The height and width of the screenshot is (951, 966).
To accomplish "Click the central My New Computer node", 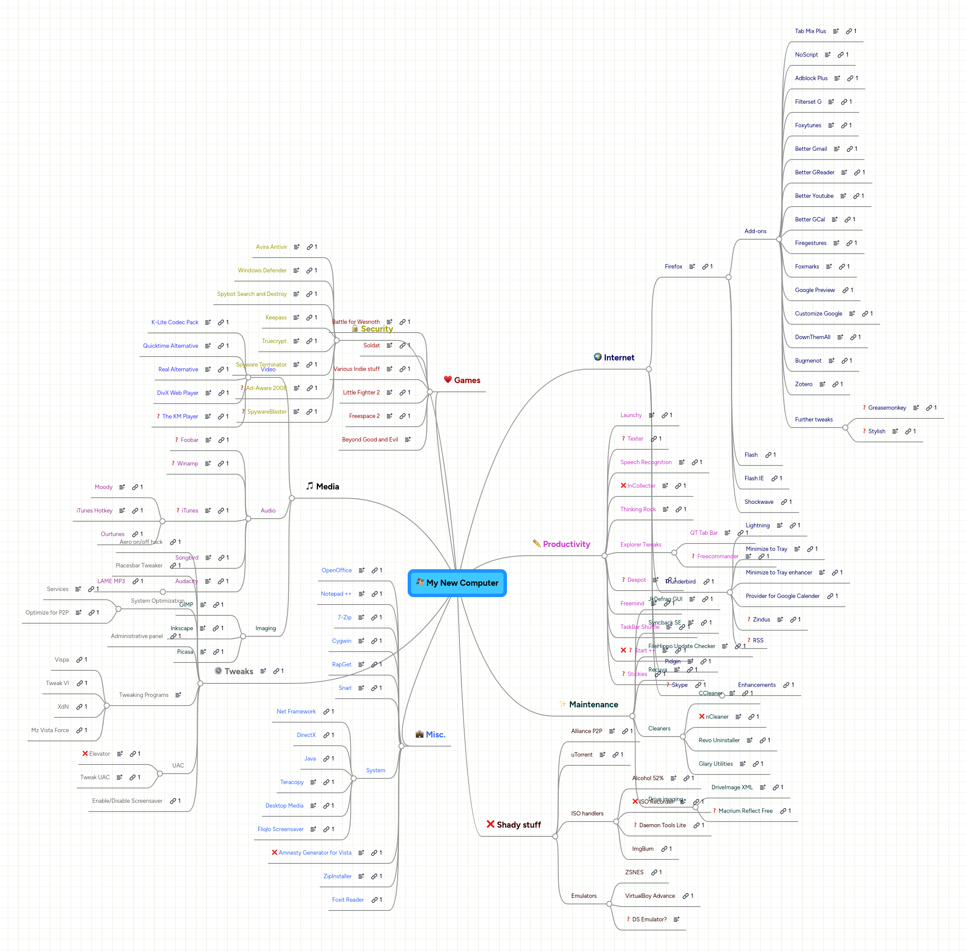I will (457, 583).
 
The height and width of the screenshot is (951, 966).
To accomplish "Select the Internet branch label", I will (618, 358).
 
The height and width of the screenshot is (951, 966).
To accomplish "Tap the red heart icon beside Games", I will (448, 380).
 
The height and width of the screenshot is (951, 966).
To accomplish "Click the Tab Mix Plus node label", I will (810, 31).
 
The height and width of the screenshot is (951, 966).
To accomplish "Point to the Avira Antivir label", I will (271, 247).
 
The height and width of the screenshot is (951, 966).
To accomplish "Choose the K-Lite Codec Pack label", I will (175, 322).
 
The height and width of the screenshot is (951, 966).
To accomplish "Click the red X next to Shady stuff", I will (490, 824).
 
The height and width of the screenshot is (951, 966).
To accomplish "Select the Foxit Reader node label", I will (348, 900).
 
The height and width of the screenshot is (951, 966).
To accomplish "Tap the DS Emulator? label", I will (649, 919).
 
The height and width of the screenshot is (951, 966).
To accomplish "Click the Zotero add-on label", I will (803, 384).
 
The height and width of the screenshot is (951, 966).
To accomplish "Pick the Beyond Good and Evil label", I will (370, 439).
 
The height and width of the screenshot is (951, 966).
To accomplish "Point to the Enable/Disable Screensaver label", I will (127, 801).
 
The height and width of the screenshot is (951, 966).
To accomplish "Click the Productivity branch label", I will (566, 544).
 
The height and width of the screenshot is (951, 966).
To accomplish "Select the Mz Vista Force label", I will (50, 730).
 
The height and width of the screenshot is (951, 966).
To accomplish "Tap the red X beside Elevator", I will (85, 753).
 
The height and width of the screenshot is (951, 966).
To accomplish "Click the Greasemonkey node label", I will (887, 408).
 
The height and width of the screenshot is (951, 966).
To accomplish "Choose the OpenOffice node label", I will (337, 571).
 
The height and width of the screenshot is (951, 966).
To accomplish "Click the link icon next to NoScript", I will (840, 55).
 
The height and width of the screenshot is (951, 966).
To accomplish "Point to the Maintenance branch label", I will (593, 704).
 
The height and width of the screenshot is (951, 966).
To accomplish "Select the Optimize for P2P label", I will (47, 612).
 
